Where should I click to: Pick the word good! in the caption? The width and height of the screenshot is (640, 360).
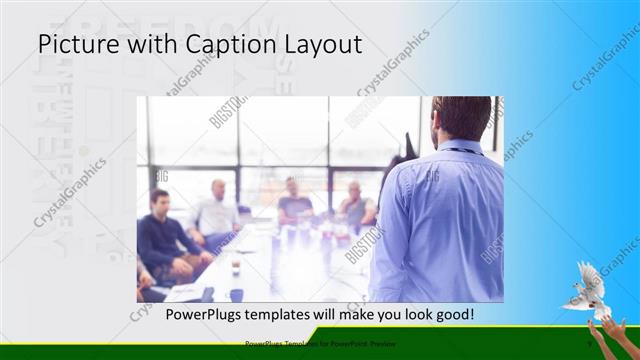tap(453, 316)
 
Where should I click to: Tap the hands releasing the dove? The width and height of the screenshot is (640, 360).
tap(609, 336)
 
